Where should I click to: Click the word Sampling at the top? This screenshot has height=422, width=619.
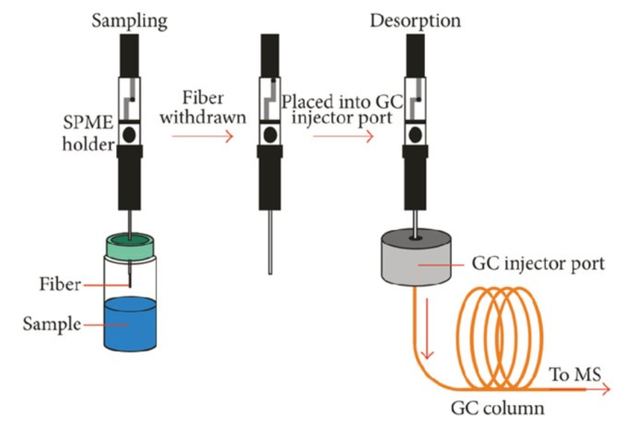pos(130,20)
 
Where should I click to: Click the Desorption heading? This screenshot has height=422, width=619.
pos(415,20)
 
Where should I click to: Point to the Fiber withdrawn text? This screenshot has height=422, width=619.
pos(203,106)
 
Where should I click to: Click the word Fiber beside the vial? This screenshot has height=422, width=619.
pos(60,285)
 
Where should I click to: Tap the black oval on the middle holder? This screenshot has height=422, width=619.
pos(269,132)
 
